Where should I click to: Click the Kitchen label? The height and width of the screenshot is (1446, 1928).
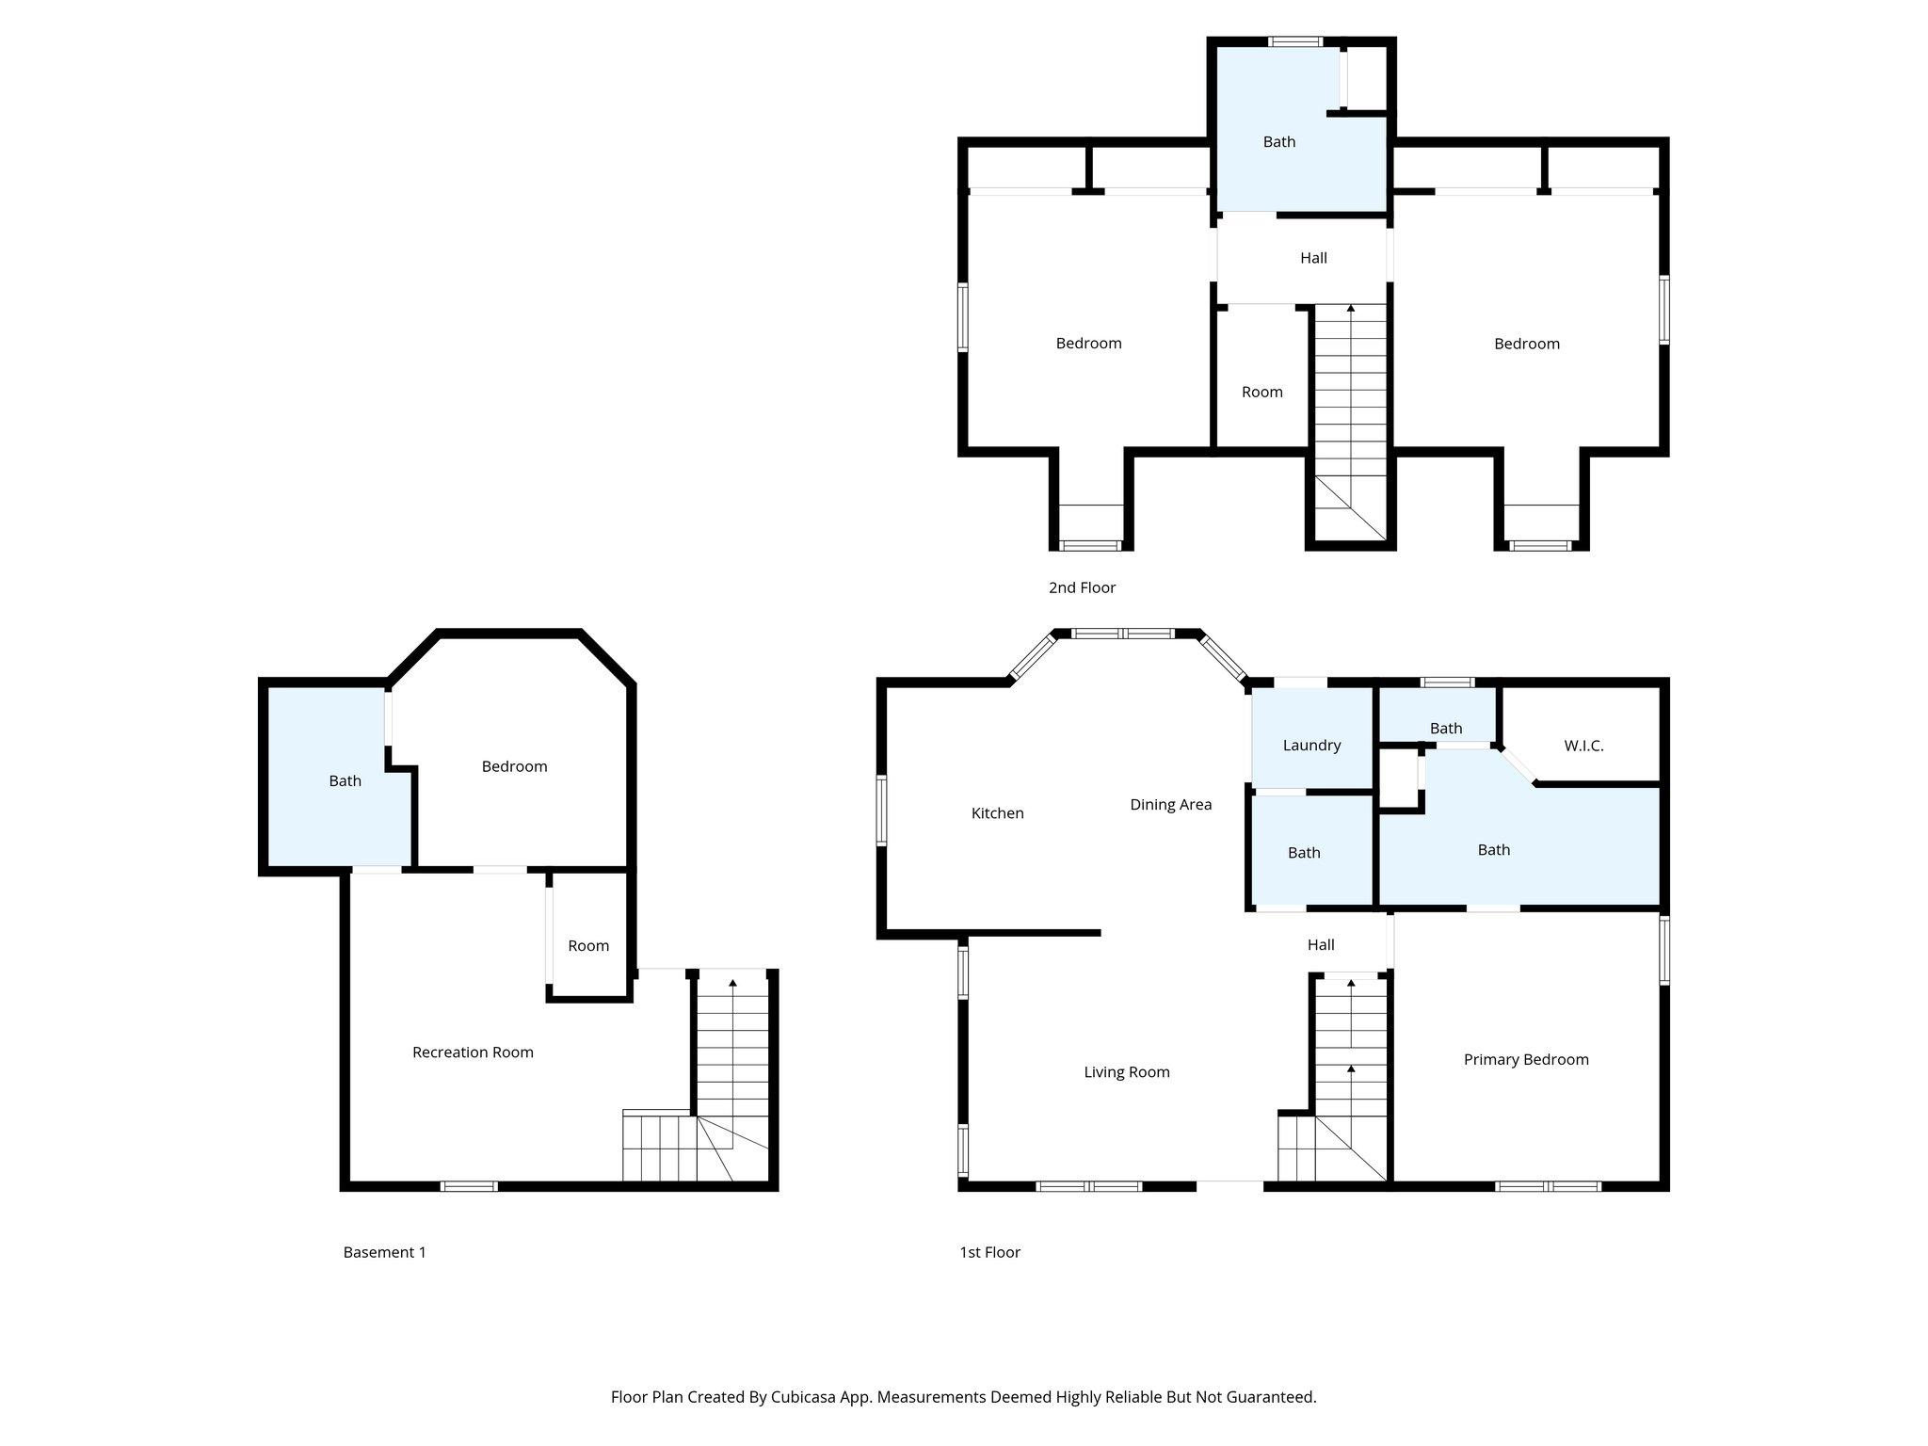(997, 813)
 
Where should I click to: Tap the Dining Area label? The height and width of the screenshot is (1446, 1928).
(1170, 805)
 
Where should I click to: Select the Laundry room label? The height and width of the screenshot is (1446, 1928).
(1311, 746)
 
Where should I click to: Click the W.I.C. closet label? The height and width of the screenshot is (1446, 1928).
(1583, 746)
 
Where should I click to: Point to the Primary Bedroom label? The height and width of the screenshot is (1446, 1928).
(1525, 1060)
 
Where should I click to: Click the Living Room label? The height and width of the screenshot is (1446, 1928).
(1126, 1072)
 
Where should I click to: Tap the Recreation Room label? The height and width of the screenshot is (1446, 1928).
(473, 1052)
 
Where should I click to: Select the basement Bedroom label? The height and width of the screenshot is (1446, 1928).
(514, 766)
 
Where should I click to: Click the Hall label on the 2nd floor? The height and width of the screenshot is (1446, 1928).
(1313, 258)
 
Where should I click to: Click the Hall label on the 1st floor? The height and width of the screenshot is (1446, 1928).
(1320, 945)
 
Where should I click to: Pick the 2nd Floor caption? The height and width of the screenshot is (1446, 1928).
(1082, 587)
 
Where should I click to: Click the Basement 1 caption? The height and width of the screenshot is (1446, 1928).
(384, 1252)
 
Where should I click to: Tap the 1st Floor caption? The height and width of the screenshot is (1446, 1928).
(989, 1252)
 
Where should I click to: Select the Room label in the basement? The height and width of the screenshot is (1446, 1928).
(588, 946)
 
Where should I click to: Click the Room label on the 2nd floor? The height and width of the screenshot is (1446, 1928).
(1261, 393)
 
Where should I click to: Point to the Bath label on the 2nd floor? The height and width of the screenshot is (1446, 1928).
(1278, 142)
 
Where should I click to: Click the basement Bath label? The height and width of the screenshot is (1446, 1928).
(345, 780)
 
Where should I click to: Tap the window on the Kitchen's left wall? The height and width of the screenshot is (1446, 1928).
(881, 810)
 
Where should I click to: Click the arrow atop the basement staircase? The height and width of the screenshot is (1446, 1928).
(732, 983)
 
